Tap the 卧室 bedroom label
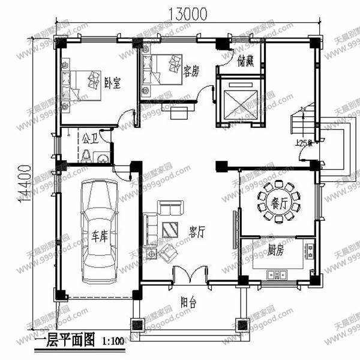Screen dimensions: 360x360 (x=112, y=83)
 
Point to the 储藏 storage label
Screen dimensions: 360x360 (x=246, y=61)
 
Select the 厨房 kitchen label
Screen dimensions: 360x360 (x=276, y=250)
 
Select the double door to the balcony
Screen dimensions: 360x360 (x=190, y=275)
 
